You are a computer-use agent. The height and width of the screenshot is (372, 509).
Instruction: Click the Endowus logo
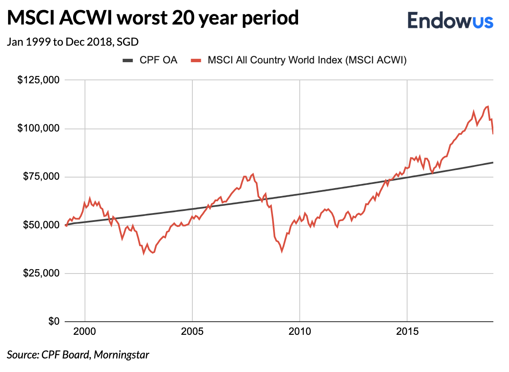(x=450, y=19)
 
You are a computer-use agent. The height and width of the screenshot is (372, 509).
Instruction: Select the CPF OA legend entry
(x=150, y=60)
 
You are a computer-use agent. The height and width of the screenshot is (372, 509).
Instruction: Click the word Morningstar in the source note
(x=121, y=354)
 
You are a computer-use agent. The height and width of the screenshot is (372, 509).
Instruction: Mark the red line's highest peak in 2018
(x=488, y=107)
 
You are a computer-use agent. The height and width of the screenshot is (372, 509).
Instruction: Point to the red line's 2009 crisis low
(x=282, y=251)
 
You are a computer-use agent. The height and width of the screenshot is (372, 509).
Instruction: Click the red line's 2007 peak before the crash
(x=253, y=174)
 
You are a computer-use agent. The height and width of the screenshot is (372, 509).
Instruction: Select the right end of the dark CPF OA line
(x=493, y=162)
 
